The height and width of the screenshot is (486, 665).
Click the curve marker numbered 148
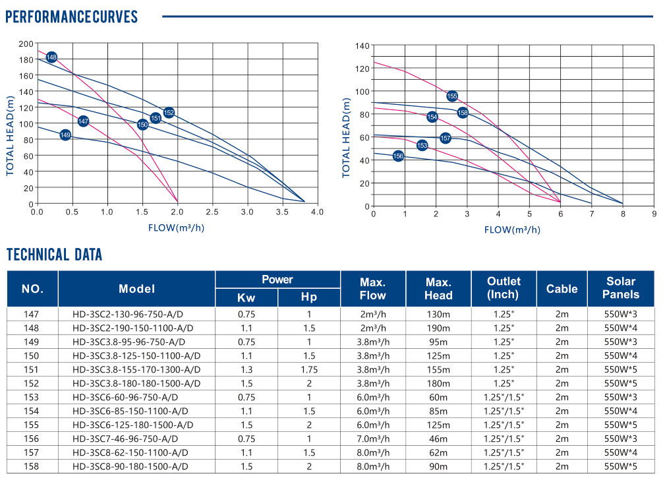(51, 57)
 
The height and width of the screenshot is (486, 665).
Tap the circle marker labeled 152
(169, 113)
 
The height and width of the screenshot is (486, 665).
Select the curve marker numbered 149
(65, 135)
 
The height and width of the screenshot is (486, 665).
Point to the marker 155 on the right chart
(451, 96)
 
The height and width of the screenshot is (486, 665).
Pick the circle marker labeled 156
(398, 156)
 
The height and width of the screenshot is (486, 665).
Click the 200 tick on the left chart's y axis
(26, 44)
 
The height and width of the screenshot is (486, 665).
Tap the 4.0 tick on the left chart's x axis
(317, 212)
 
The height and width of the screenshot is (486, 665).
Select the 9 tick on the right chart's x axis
(654, 214)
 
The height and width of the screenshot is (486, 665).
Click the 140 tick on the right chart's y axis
(361, 46)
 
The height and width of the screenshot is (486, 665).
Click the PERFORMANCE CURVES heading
(71, 16)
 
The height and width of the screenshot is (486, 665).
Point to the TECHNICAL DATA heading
(54, 255)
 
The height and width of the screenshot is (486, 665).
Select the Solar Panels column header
(621, 288)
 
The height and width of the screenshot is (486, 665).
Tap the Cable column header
(562, 289)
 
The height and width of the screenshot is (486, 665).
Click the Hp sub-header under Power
(309, 297)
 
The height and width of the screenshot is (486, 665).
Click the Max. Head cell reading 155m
(438, 369)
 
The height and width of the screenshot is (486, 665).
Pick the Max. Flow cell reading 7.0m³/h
(372, 439)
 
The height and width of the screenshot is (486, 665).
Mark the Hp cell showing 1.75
(309, 369)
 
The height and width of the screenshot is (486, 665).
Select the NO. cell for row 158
(32, 466)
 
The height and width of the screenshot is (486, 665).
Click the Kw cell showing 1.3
(246, 369)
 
